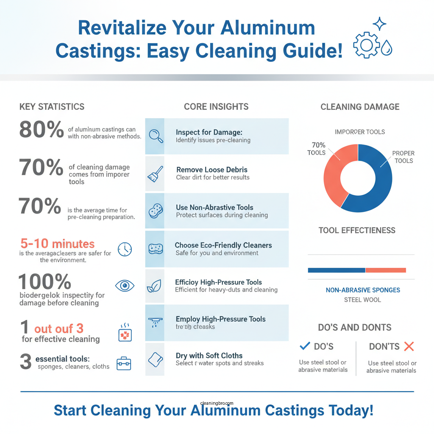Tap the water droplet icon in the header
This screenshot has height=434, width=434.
(x=386, y=48)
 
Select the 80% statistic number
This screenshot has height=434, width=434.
(x=41, y=129)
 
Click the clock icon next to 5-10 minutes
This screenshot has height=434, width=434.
(x=125, y=249)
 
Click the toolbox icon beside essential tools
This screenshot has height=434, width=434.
(x=124, y=363)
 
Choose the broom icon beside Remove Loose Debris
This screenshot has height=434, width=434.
(x=156, y=173)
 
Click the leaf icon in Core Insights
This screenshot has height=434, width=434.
(x=152, y=287)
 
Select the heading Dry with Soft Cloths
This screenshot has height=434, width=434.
(x=209, y=356)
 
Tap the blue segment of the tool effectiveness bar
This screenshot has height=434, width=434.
(x=336, y=270)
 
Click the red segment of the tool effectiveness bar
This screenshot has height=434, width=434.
(x=386, y=270)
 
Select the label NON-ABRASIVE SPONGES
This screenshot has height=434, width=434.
(x=363, y=290)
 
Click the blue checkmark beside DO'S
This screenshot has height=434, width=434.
(x=305, y=346)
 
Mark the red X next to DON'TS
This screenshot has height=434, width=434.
(x=409, y=346)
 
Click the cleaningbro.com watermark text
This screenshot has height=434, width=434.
(x=217, y=404)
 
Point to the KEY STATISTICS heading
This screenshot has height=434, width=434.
(x=52, y=107)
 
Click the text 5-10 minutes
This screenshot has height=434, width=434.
(x=57, y=244)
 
